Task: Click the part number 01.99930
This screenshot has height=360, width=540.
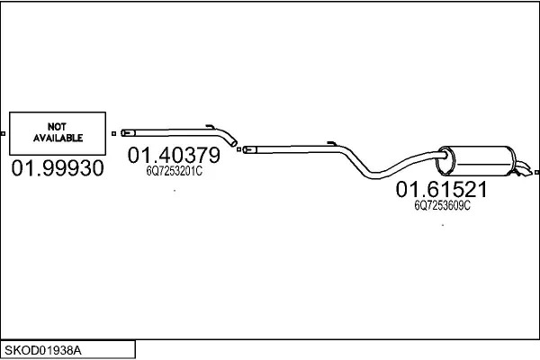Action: [58, 168]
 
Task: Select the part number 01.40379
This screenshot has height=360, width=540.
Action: [174, 155]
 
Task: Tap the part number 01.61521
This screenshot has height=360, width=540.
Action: [442, 190]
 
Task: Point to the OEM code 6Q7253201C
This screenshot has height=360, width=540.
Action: [175, 171]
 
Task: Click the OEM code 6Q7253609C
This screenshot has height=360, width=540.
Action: [442, 205]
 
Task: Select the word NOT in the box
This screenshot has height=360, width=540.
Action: [57, 127]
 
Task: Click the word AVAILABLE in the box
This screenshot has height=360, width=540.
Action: [58, 138]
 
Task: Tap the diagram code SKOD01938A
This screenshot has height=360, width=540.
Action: [43, 351]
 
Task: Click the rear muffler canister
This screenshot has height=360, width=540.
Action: [476, 160]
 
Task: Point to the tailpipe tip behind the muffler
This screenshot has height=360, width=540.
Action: [524, 169]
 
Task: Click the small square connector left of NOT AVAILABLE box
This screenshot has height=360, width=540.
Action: [3, 134]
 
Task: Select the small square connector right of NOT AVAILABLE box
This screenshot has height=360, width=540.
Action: [114, 134]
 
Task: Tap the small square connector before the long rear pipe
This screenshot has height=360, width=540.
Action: [239, 149]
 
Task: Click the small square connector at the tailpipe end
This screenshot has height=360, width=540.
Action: [536, 172]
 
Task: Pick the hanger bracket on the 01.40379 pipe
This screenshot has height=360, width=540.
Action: [211, 126]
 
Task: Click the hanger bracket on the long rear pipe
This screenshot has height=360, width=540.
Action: [332, 143]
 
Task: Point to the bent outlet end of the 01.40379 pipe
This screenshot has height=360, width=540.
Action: [233, 141]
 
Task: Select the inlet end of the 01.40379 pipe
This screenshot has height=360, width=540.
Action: [128, 132]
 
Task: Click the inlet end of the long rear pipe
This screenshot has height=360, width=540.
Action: [249, 149]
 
